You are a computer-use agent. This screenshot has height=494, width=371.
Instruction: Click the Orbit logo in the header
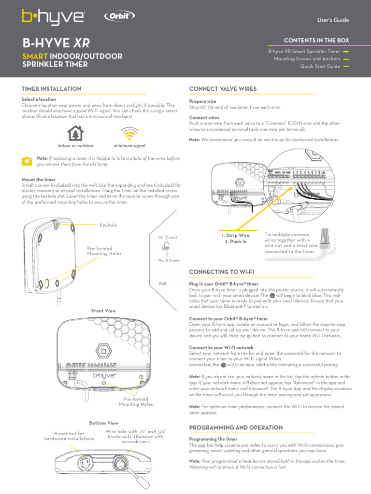pyautogui.click(x=119, y=16)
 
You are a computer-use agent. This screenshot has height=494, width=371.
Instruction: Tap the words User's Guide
pyautogui.click(x=333, y=20)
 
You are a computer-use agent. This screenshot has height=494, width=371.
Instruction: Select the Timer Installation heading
pyautogui.click(x=51, y=89)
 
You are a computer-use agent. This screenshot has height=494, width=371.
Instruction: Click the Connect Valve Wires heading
pyautogui.click(x=223, y=89)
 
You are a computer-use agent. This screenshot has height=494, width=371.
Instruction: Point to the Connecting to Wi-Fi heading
pyautogui.click(x=221, y=273)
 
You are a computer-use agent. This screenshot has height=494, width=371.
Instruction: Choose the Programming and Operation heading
pyautogui.click(x=236, y=427)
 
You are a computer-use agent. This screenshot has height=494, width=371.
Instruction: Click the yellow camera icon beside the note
pyautogui.click(x=27, y=161)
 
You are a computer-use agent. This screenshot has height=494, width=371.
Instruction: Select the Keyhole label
pyautogui.click(x=108, y=225)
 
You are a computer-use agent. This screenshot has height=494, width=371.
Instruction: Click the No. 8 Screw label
pyautogui.click(x=169, y=261)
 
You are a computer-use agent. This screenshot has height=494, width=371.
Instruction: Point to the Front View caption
pyautogui.click(x=104, y=311)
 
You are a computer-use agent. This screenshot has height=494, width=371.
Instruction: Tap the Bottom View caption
pyautogui.click(x=104, y=423)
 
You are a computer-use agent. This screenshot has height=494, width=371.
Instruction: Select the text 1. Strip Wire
pyautogui.click(x=236, y=235)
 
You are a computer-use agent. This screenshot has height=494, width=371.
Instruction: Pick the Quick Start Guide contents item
pyautogui.click(x=320, y=67)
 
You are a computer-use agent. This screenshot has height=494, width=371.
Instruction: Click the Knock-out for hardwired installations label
pyautogui.click(x=69, y=436)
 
